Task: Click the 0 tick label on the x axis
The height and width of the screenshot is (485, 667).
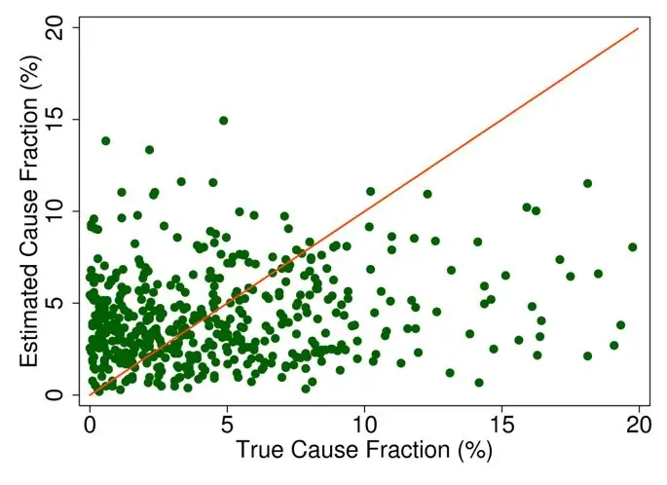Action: pyautogui.click(x=90, y=426)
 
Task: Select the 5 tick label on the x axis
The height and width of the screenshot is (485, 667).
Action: pyautogui.click(x=227, y=426)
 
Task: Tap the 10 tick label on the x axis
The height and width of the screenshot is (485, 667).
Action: pyautogui.click(x=364, y=426)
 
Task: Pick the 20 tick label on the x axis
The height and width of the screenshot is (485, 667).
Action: pyautogui.click(x=638, y=426)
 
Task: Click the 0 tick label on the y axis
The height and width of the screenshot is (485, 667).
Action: pyautogui.click(x=59, y=394)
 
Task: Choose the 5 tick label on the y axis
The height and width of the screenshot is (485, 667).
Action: pyautogui.click(x=59, y=303)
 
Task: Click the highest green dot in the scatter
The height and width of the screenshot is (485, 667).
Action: pyautogui.click(x=224, y=121)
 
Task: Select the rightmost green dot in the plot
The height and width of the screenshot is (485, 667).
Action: pyautogui.click(x=633, y=247)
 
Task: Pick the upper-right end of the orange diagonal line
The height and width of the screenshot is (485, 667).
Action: pyautogui.click(x=638, y=28)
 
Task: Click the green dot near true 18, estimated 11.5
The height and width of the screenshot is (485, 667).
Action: pyautogui.click(x=587, y=183)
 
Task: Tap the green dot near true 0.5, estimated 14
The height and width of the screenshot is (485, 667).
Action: pyautogui.click(x=105, y=140)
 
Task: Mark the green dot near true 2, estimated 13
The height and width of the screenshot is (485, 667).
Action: pyautogui.click(x=149, y=150)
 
